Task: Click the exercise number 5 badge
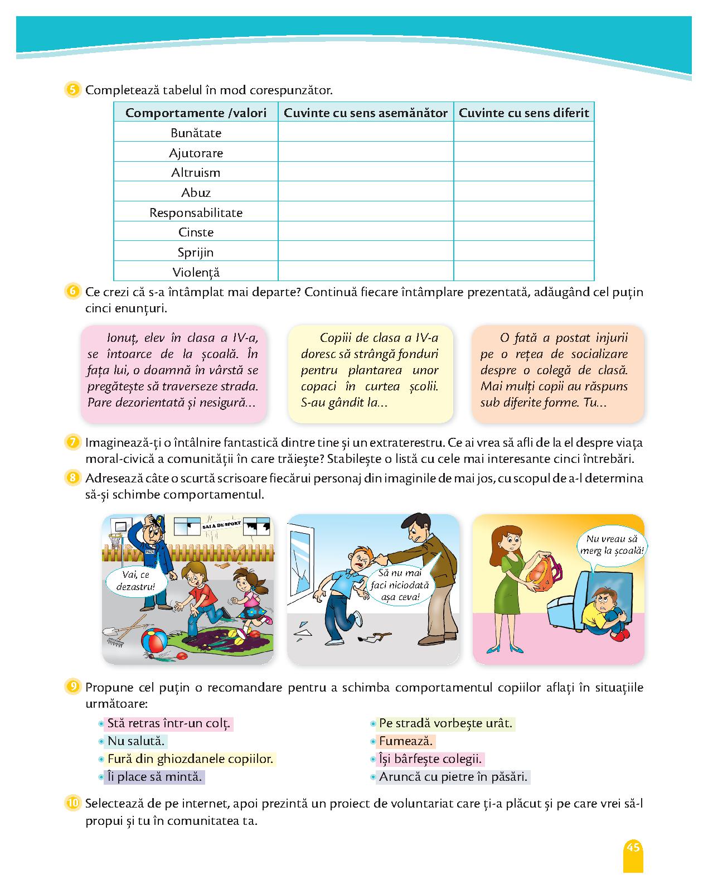tap(73, 90)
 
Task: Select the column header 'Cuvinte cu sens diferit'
tap(523, 113)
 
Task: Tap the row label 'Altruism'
tap(196, 172)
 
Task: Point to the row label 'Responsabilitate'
tap(196, 212)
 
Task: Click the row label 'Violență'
tap(196, 272)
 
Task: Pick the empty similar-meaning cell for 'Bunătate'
tap(365, 133)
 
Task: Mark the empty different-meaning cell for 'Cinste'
tap(523, 232)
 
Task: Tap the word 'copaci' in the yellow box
tap(318, 386)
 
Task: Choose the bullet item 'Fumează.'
tap(406, 741)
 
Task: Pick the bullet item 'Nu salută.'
tap(136, 741)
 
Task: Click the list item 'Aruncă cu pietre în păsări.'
tap(453, 777)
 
